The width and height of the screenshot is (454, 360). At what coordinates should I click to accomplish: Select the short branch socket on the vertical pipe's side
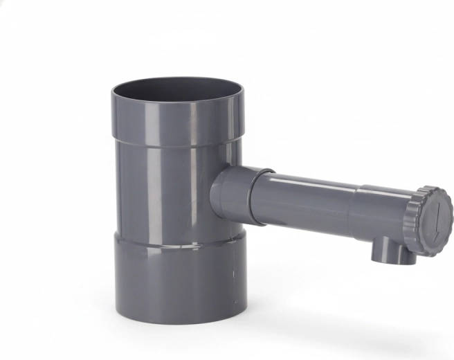232,194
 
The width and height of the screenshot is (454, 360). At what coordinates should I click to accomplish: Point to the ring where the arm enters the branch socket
256,197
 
